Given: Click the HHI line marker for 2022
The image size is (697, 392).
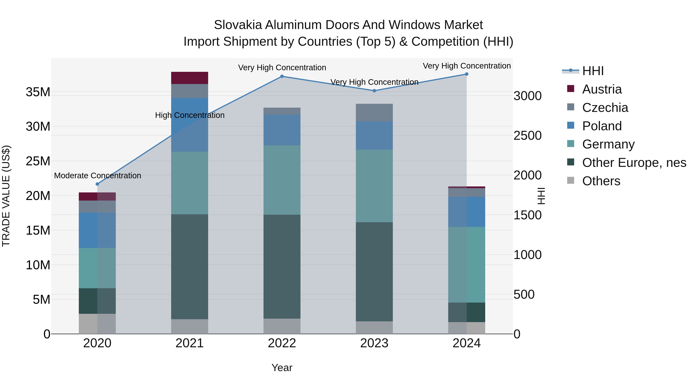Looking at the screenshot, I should [x=282, y=76].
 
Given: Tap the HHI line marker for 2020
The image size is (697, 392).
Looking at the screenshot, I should [x=97, y=184].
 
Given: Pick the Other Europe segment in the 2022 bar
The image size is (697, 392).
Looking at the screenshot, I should [x=282, y=267].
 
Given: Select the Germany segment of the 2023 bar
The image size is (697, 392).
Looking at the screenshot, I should [x=374, y=186].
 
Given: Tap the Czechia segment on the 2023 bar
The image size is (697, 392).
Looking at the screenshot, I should [x=374, y=112].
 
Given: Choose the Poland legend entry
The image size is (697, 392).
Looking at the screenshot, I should [x=602, y=126].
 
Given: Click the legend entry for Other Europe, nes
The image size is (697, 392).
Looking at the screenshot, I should [x=634, y=163].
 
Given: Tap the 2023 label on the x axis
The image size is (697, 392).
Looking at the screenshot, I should [x=374, y=343].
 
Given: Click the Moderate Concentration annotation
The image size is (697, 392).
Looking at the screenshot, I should [x=97, y=176].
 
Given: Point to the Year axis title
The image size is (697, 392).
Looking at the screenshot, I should [x=282, y=368].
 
